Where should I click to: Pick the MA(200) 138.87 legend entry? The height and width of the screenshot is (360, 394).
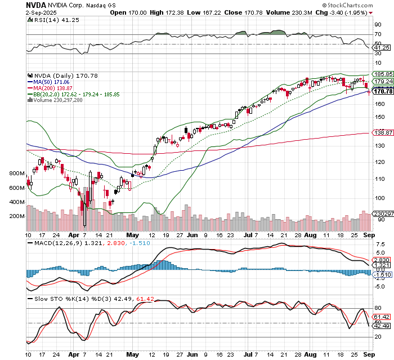pos(55,88)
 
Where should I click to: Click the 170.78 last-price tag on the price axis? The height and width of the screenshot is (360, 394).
pos(383,91)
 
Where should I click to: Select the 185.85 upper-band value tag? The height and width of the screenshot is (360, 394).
pos(383,74)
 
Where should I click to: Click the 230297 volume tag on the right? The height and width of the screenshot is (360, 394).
pos(383,214)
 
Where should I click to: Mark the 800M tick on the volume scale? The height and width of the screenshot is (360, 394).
pos(17,174)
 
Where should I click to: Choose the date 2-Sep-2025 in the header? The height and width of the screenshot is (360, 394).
pos(42,12)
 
